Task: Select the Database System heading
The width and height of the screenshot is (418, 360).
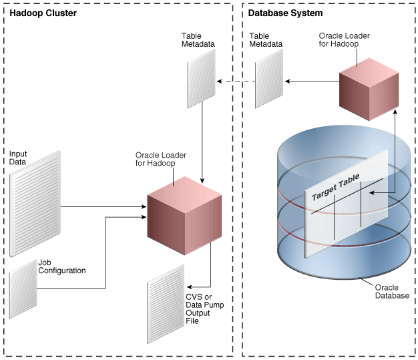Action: coord(285,13)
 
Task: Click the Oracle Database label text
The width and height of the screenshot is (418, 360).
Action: coord(391,291)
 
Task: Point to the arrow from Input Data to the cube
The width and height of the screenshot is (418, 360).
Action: coord(107,206)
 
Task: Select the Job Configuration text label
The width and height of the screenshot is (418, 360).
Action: coord(61,267)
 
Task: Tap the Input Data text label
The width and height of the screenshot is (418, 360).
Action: coord(18,158)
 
